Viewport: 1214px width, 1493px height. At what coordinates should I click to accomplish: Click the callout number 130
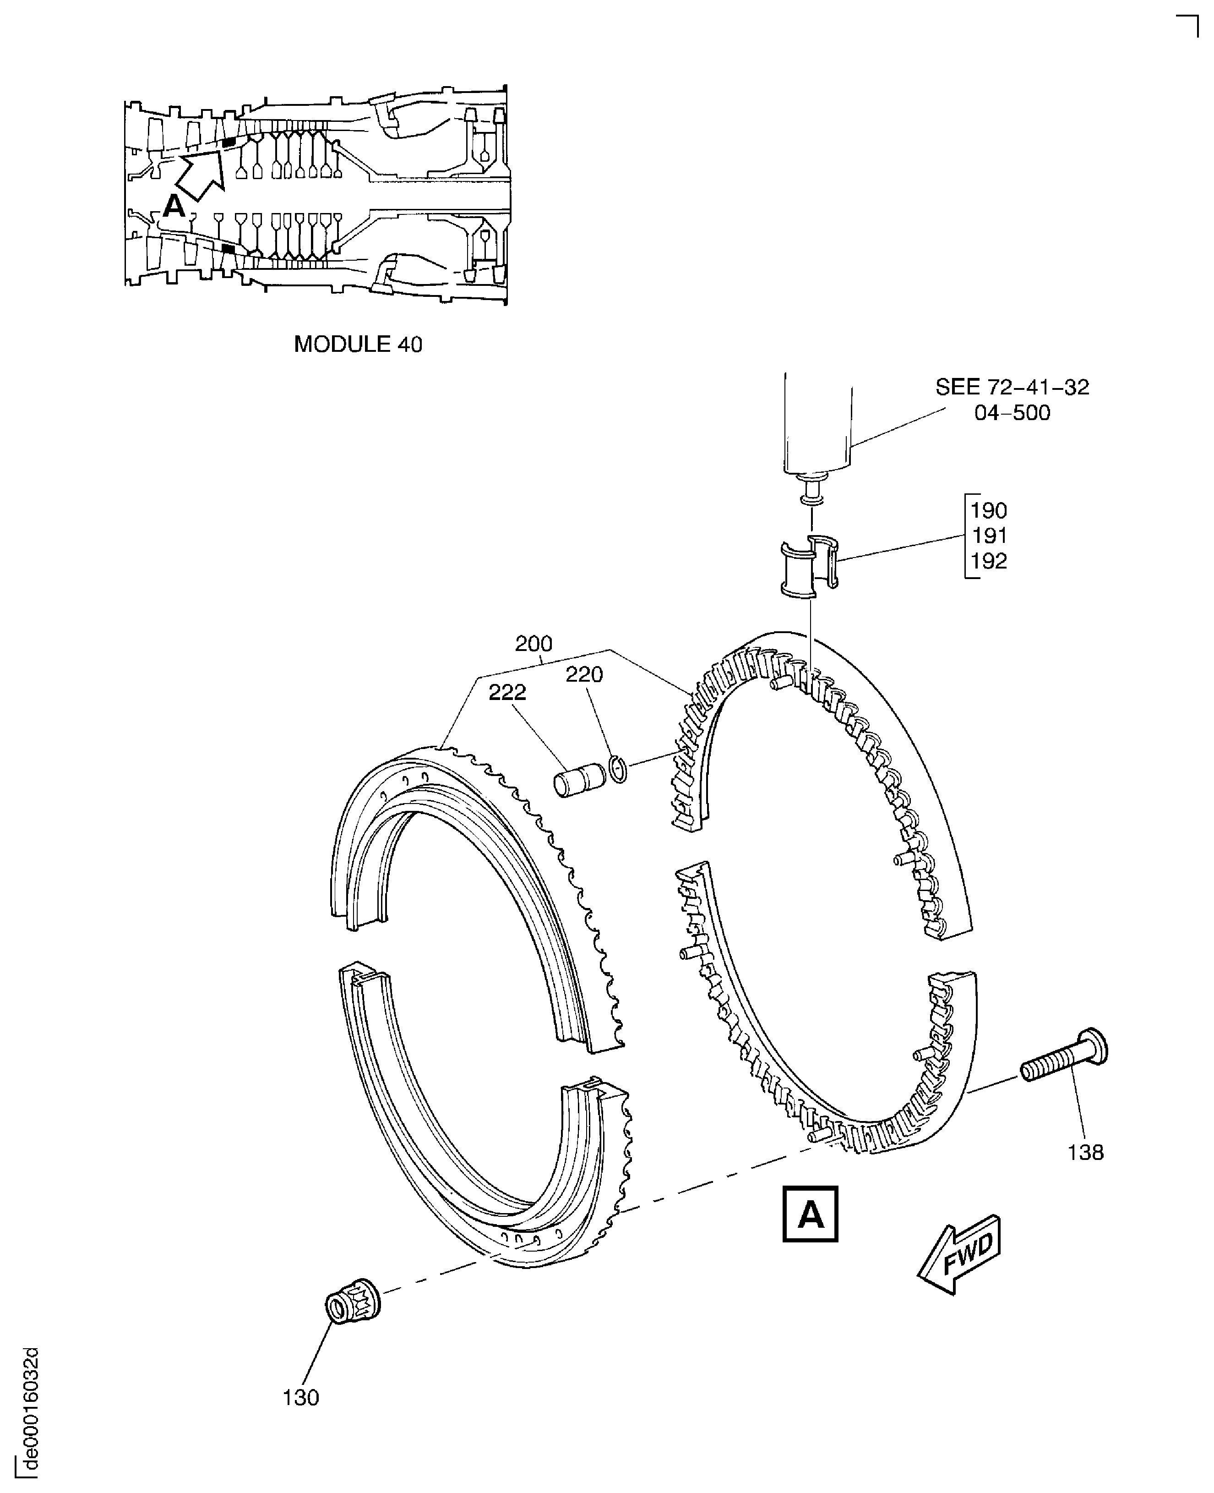tap(301, 1397)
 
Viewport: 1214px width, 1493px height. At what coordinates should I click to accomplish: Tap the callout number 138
tap(1085, 1152)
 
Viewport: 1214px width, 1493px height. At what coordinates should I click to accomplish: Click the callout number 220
tap(584, 674)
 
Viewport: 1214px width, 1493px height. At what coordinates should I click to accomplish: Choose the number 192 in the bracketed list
tap(989, 561)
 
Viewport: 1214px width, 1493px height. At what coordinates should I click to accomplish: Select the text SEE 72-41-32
tap(1012, 388)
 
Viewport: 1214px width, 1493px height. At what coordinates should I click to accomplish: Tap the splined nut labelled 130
tap(353, 1306)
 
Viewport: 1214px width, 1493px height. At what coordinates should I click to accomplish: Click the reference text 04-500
tap(1012, 413)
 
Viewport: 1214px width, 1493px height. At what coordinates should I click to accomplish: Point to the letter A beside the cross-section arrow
tap(174, 207)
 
